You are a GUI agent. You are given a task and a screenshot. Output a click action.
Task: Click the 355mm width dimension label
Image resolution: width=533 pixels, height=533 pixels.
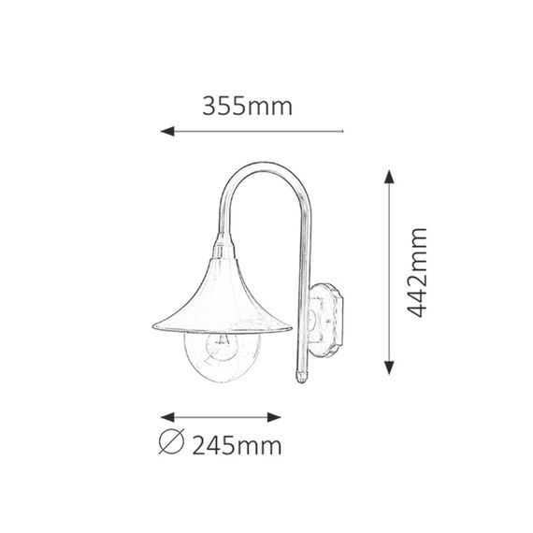[x=247, y=107]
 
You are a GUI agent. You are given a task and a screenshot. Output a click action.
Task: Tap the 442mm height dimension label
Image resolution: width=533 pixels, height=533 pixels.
[x=417, y=273]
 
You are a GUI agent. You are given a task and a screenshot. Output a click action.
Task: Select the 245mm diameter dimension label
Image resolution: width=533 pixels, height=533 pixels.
[x=237, y=446]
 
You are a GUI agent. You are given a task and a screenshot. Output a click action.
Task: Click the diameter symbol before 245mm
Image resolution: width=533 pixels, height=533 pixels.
[x=172, y=441]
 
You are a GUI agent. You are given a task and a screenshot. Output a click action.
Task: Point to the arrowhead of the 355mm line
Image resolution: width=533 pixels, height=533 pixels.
[x=167, y=131]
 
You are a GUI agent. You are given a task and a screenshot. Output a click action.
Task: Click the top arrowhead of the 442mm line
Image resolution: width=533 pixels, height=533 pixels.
[x=389, y=177]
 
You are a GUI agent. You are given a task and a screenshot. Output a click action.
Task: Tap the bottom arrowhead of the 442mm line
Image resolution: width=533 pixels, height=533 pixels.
[x=389, y=367]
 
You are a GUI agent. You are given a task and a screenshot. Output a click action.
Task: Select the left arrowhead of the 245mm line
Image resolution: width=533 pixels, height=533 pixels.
[x=167, y=417]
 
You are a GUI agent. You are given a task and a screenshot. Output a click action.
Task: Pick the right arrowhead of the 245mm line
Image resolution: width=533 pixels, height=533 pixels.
[x=274, y=417]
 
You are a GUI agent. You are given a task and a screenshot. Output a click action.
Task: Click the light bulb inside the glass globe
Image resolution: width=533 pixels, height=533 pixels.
[x=223, y=346]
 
